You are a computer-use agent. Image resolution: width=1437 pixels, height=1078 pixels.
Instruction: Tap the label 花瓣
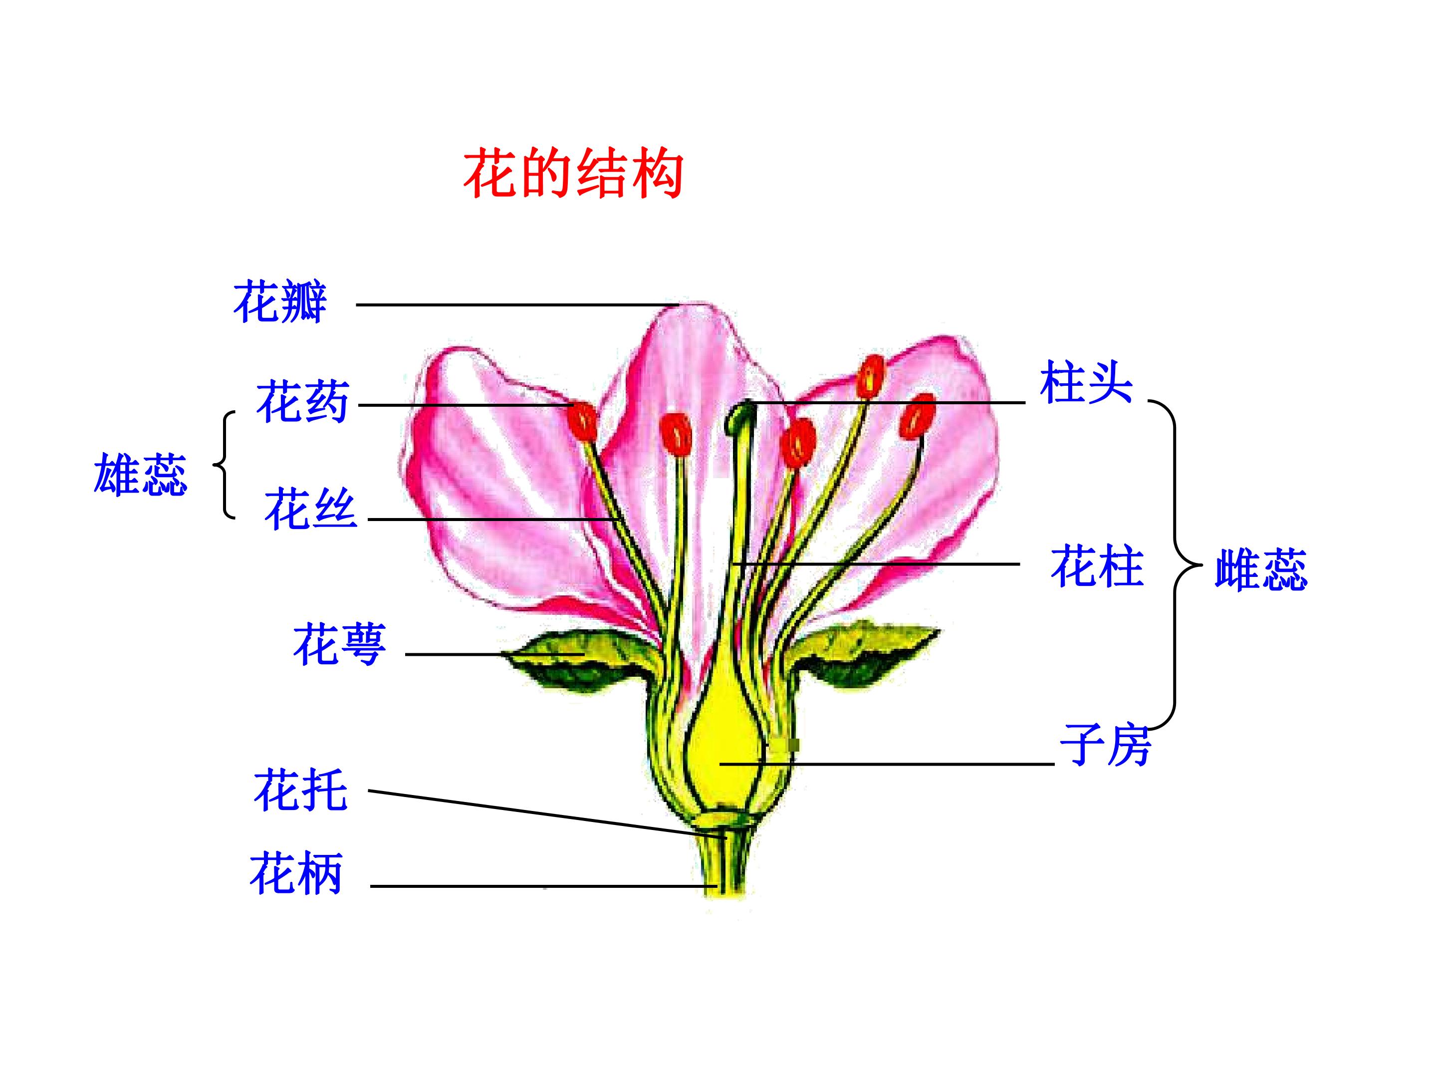(x=280, y=302)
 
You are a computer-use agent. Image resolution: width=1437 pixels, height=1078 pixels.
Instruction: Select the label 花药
(x=303, y=402)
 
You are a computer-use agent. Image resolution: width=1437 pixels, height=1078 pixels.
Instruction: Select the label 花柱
(x=1097, y=566)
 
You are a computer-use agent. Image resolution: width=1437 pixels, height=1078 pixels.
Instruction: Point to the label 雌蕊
(x=1261, y=569)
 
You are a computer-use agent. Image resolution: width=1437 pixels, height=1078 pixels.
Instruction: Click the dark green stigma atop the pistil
(x=740, y=418)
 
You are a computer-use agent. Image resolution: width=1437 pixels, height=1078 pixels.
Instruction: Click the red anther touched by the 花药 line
(x=582, y=420)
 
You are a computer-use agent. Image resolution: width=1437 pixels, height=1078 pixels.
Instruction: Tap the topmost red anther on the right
(x=871, y=376)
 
